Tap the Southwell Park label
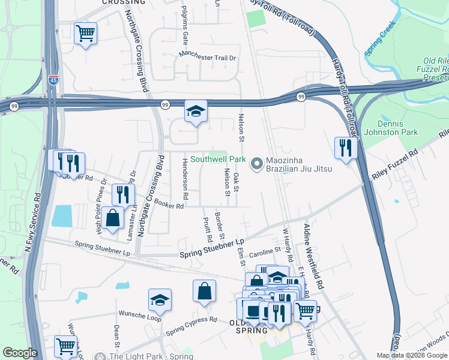pos(218,160)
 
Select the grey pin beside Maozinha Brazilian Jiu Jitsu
pos(258,163)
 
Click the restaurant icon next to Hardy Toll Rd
pos(346,148)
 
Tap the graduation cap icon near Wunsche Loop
pos(160,299)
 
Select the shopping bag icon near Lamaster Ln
pos(112,218)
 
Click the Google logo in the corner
pos(20,353)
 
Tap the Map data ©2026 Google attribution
pos(412,355)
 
